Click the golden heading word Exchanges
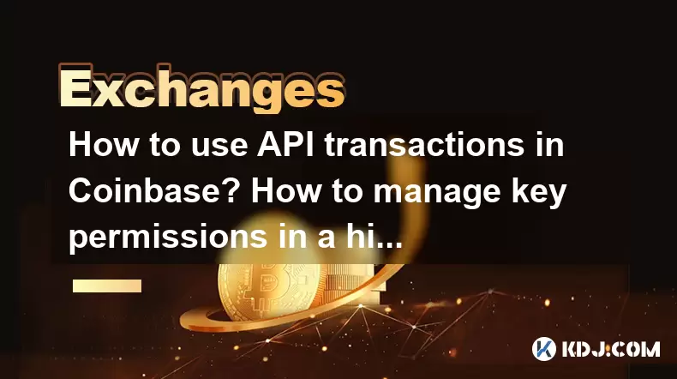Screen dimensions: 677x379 pos(201,88)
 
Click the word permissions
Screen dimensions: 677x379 pos(167,238)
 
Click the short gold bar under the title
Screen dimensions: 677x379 pos(107,286)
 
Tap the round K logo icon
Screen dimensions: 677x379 pos(544,349)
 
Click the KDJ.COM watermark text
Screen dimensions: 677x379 pos(610,349)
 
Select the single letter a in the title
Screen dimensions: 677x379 pos(327,240)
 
